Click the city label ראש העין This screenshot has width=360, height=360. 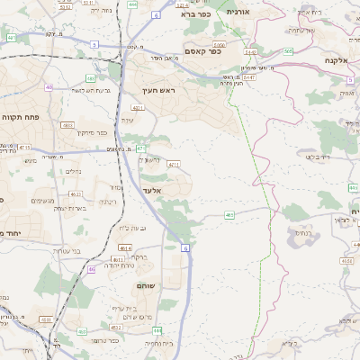click(x=161, y=91)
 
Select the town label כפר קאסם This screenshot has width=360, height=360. click(x=202, y=52)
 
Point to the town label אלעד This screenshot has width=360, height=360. click(x=151, y=191)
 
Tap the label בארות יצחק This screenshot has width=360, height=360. click(x=68, y=208)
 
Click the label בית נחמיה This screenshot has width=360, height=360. click(x=157, y=342)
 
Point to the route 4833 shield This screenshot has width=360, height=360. click(x=67, y=125)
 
